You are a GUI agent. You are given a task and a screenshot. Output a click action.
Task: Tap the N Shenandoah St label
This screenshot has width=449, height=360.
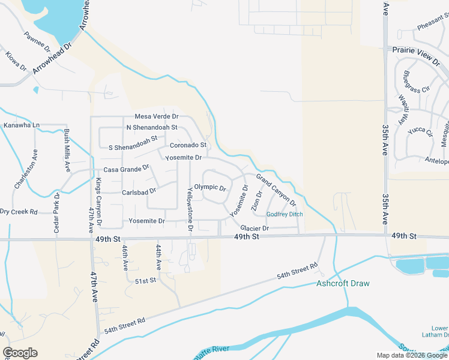click(152, 127)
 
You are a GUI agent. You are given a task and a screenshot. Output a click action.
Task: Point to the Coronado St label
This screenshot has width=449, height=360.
click(188, 145)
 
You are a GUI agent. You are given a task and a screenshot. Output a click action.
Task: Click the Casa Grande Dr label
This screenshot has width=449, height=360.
click(126, 170)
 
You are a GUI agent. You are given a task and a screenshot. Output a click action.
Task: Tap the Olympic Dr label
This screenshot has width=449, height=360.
click(209, 187)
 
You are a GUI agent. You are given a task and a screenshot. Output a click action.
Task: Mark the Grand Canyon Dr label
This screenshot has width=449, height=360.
click(276, 190)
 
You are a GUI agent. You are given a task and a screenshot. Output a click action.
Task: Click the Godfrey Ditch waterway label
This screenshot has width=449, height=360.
click(285, 214)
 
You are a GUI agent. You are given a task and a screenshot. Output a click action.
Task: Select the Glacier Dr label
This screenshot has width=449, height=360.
click(255, 228)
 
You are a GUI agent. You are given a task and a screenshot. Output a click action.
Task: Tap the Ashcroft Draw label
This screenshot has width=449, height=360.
click(343, 283)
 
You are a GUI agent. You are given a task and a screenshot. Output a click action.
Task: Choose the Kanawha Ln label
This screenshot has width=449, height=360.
click(21, 125)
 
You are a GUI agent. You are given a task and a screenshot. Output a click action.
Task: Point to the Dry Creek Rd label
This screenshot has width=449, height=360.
click(19, 212)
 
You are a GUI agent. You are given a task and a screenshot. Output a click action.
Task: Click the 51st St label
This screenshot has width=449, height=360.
click(145, 280)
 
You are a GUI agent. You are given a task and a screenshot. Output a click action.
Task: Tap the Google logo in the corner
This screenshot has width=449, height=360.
click(20, 353)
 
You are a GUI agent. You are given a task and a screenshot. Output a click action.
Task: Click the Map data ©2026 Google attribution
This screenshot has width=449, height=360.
click(412, 355)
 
